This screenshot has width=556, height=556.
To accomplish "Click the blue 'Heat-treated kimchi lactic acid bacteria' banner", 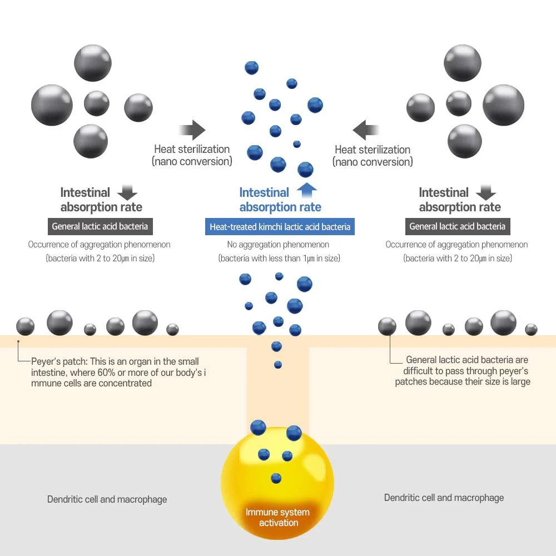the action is click(x=280, y=227).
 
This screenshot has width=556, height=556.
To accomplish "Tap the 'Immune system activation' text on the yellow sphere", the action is click(x=277, y=517).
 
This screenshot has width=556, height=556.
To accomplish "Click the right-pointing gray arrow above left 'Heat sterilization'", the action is click(x=192, y=130).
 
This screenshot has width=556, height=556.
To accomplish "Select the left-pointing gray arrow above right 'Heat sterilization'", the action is click(x=366, y=130).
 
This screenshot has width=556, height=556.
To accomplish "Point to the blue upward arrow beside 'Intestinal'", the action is click(x=307, y=190).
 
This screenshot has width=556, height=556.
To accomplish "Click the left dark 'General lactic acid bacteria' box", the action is click(x=100, y=227).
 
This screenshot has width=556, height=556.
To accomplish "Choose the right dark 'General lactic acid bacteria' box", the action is click(x=458, y=227).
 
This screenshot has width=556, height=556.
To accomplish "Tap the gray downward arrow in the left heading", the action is click(x=127, y=192).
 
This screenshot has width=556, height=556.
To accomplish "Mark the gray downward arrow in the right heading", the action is click(x=486, y=192).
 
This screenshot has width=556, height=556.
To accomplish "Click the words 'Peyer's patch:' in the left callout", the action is click(x=59, y=361).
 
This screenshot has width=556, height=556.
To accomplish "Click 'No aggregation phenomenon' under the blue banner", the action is click(x=278, y=244).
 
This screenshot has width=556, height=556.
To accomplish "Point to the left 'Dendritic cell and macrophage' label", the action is click(x=107, y=499).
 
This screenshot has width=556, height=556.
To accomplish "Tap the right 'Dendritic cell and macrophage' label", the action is click(x=444, y=498).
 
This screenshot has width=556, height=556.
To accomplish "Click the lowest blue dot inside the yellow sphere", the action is click(x=276, y=478).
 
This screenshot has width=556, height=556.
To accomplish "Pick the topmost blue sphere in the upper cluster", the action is click(x=251, y=68).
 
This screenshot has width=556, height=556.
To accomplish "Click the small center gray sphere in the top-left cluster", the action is click(x=96, y=103).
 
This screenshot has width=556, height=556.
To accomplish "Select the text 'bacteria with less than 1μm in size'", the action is click(x=280, y=258).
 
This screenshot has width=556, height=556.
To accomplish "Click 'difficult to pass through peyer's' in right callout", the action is click(x=465, y=371).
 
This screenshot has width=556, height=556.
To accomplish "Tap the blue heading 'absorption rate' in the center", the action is click(x=280, y=207).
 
